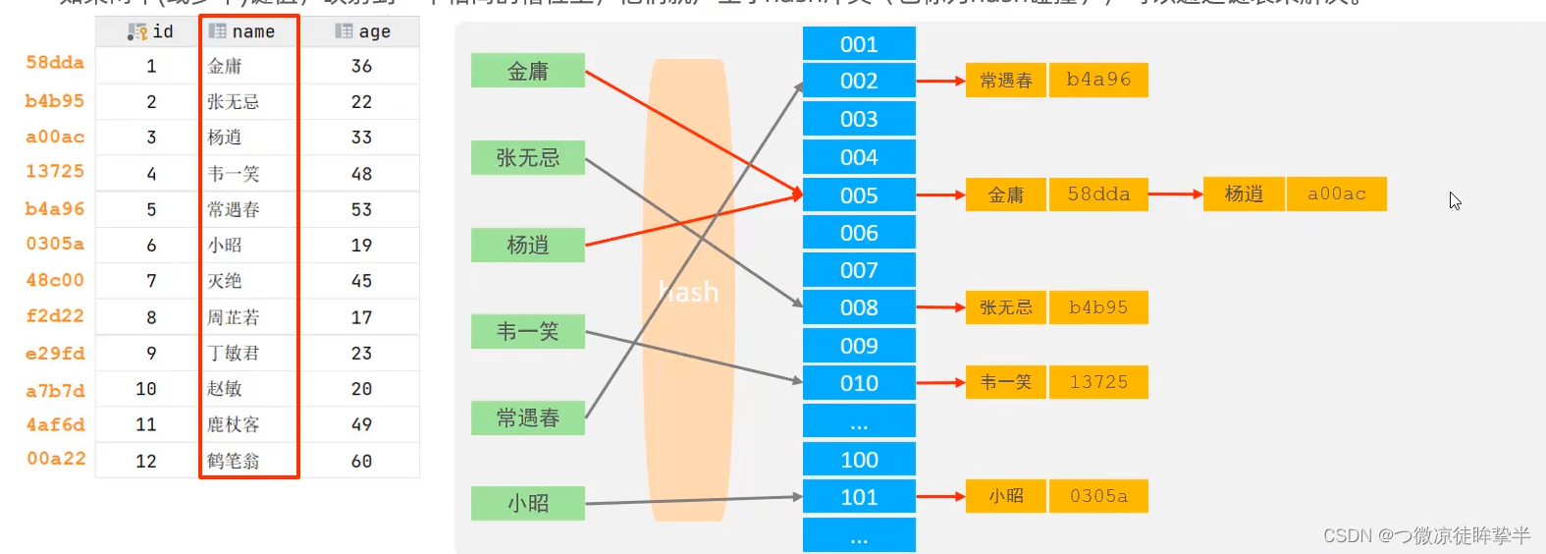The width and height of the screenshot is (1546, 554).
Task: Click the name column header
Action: [249, 31]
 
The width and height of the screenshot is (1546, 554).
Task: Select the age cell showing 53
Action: [361, 209]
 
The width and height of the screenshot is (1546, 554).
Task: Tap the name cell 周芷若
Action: [234, 317]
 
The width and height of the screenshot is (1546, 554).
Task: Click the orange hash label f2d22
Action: [55, 316]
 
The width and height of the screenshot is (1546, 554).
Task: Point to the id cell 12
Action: [146, 461]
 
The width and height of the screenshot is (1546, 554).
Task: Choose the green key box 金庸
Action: [528, 71]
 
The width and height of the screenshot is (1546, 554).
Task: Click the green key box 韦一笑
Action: [528, 332]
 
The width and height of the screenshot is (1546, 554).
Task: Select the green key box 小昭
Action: [528, 503]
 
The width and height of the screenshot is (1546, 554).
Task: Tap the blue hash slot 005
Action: [859, 195]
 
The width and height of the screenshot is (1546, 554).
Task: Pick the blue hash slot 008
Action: [859, 307]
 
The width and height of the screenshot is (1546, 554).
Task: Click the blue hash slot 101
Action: [859, 497]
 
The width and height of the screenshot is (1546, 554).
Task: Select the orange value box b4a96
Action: [1098, 80]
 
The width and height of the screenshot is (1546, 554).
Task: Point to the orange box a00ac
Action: [1336, 194]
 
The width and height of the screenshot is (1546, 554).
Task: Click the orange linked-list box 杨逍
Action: [1244, 194]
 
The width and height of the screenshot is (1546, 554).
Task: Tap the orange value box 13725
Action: [1098, 382]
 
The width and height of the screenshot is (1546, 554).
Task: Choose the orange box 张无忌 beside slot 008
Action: [1006, 307]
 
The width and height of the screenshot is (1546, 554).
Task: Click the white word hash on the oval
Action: [689, 292]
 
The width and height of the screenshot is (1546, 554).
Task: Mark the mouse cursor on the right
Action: [1455, 200]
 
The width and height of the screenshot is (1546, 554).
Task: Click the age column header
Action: [362, 31]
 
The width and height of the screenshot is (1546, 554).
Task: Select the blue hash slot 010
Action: [859, 383]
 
